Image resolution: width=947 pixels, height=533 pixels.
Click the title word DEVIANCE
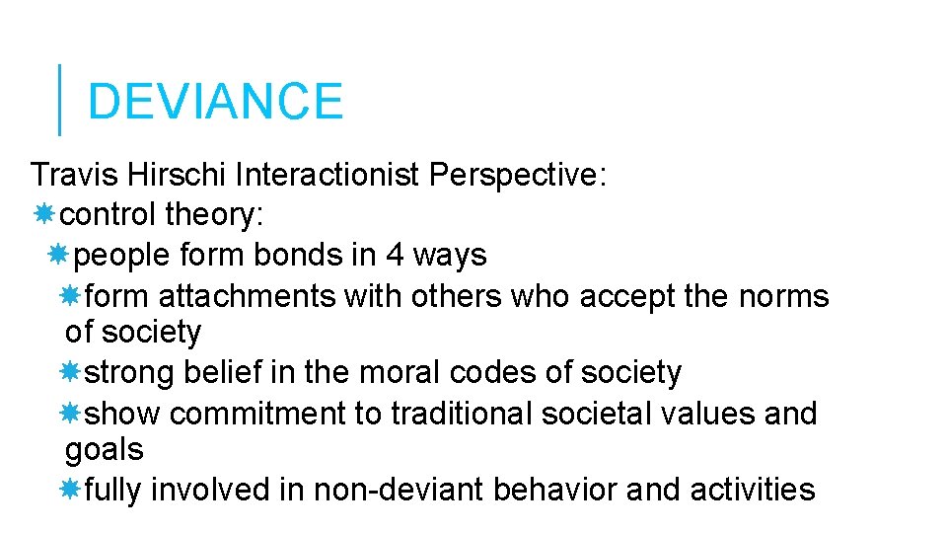[215, 102]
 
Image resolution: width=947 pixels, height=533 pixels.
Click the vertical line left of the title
[60, 100]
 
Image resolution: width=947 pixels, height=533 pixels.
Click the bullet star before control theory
[44, 215]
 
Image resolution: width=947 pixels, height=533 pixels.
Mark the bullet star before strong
[70, 372]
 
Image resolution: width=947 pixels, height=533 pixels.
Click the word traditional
[462, 413]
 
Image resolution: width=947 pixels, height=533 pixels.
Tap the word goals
[104, 451]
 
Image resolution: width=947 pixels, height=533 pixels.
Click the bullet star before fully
[70, 489]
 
